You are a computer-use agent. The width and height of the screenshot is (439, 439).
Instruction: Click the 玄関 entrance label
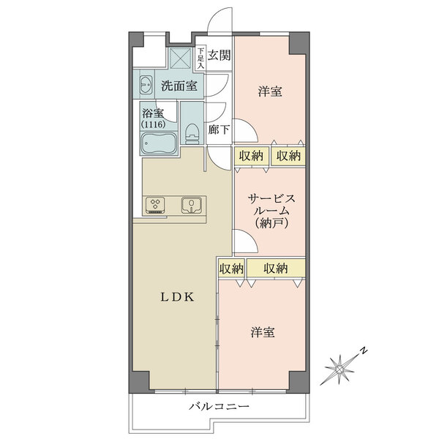pos(219,55)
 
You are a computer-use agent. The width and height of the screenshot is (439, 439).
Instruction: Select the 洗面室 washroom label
pos(179,86)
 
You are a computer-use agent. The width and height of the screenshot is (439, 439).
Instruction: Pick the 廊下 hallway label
pos(219,130)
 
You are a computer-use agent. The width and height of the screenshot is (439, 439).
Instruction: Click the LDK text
pos(178,296)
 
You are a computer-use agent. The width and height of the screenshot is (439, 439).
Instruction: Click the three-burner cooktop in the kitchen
pos(157,205)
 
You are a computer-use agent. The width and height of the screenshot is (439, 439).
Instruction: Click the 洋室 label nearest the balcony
pos(263,332)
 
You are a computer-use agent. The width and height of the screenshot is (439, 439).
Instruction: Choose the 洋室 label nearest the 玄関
pos(270,92)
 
